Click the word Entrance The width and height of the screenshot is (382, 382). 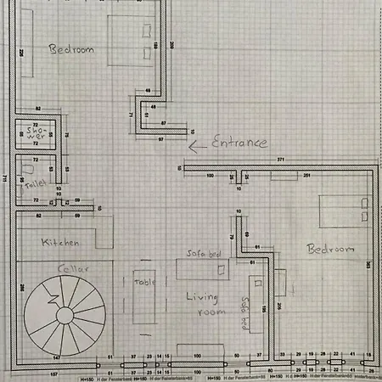coord(239,142)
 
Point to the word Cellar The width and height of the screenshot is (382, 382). coord(73,269)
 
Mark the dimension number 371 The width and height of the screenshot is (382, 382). coord(279,160)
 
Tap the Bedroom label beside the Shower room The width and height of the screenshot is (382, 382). coord(71,49)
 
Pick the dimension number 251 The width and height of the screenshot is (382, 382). coord(306,176)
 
